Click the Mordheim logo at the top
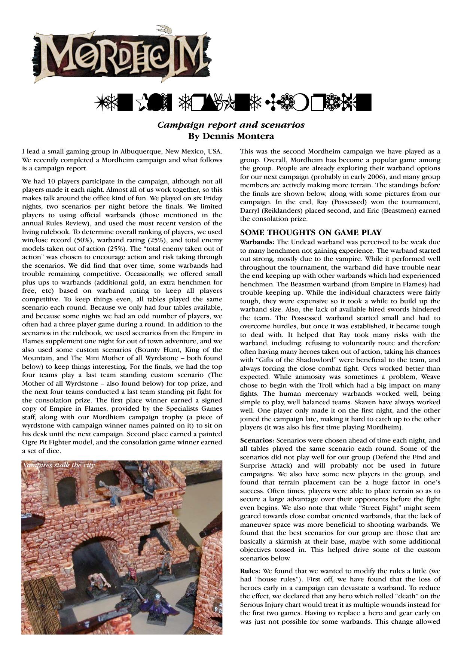pos(122,55)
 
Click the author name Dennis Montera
pos(231,136)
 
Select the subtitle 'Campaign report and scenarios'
pos(231,125)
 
